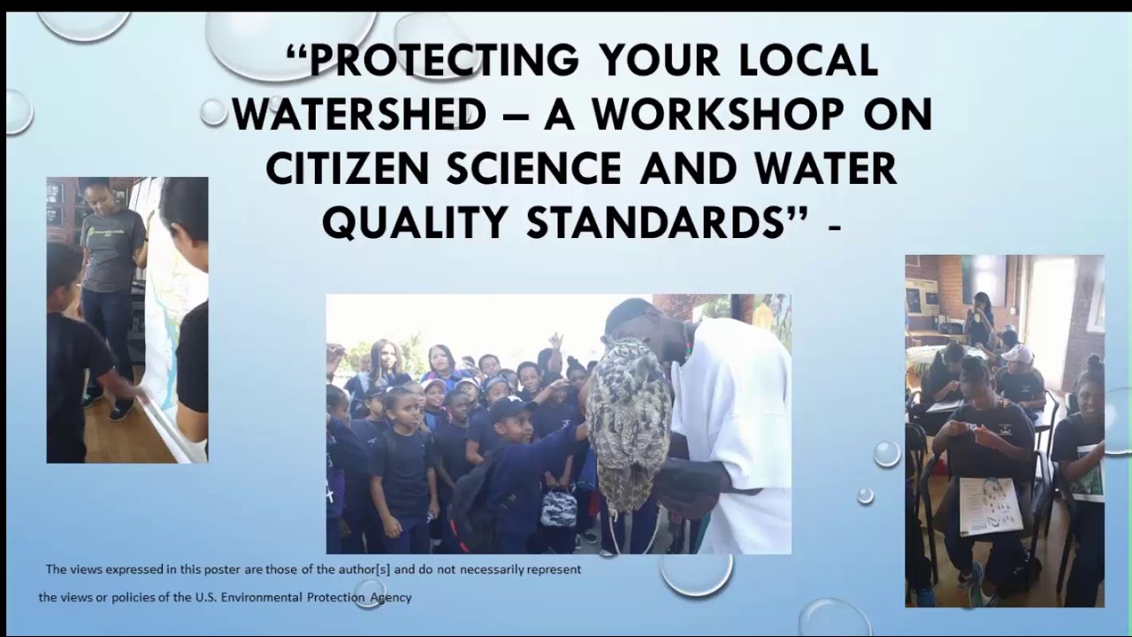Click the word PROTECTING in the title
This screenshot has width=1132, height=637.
click(x=442, y=61)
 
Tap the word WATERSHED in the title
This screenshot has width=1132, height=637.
click(x=359, y=115)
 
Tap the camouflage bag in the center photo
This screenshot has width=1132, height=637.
click(x=559, y=509)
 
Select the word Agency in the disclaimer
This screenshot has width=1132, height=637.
click(x=390, y=597)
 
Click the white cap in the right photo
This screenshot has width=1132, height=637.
click(x=1018, y=353)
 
